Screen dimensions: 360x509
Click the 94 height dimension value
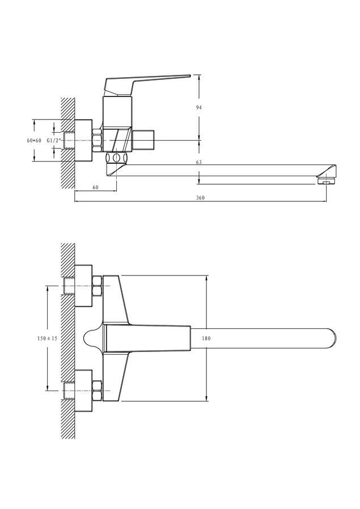click(198, 107)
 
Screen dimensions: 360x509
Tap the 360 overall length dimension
click(201, 198)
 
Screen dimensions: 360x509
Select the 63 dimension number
click(198, 162)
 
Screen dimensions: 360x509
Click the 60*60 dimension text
click(34, 141)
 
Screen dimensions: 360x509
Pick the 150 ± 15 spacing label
click(47, 338)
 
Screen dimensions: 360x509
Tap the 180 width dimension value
click(206, 338)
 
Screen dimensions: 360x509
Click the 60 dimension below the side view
click(95, 187)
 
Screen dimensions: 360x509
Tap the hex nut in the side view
click(98, 141)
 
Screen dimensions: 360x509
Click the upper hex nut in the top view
click(98, 286)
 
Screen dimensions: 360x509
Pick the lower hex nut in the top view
click(98, 391)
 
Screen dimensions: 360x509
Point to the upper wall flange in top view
click(84, 286)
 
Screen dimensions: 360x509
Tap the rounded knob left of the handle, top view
click(93, 338)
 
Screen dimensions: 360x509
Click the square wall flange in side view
click(84, 141)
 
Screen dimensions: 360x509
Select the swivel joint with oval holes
click(117, 158)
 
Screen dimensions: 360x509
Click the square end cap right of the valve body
click(143, 141)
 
